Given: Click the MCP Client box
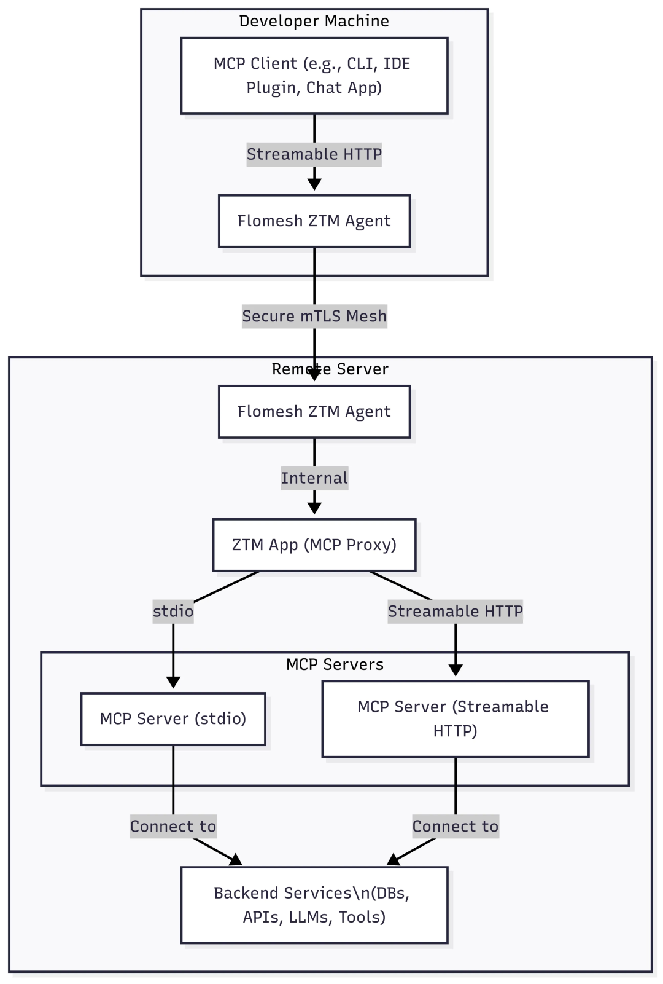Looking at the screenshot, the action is pyautogui.click(x=314, y=76).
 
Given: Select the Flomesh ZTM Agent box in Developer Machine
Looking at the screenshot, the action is pyautogui.click(x=314, y=221).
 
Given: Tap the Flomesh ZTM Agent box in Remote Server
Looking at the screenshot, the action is pyautogui.click(x=314, y=412).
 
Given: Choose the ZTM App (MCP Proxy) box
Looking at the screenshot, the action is pyautogui.click(x=314, y=545).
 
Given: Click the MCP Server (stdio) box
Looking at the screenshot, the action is pyautogui.click(x=173, y=718).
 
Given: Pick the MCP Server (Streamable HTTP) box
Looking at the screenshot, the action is pyautogui.click(x=455, y=718).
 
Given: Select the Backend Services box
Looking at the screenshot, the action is pyautogui.click(x=314, y=905).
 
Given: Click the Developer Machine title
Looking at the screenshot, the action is pyautogui.click(x=314, y=21).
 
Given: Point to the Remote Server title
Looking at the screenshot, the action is pyautogui.click(x=330, y=369).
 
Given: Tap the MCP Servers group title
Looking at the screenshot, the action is pyautogui.click(x=335, y=664).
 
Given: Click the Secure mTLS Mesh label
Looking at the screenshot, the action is pyautogui.click(x=314, y=317).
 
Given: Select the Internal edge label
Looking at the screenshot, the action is pyautogui.click(x=314, y=478).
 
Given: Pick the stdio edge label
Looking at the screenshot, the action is pyautogui.click(x=173, y=611).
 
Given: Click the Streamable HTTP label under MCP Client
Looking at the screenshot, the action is pyautogui.click(x=314, y=154).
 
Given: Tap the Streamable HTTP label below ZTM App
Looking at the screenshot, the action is pyautogui.click(x=455, y=611).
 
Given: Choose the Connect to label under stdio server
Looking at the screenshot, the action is pyautogui.click(x=173, y=826).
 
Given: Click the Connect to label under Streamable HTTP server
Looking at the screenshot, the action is pyautogui.click(x=455, y=826).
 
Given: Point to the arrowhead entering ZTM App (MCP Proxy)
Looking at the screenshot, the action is pyautogui.click(x=314, y=508).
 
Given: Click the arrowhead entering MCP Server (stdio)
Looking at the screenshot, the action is pyautogui.click(x=173, y=682).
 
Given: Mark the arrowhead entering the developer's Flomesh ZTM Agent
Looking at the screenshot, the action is pyautogui.click(x=314, y=184).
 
